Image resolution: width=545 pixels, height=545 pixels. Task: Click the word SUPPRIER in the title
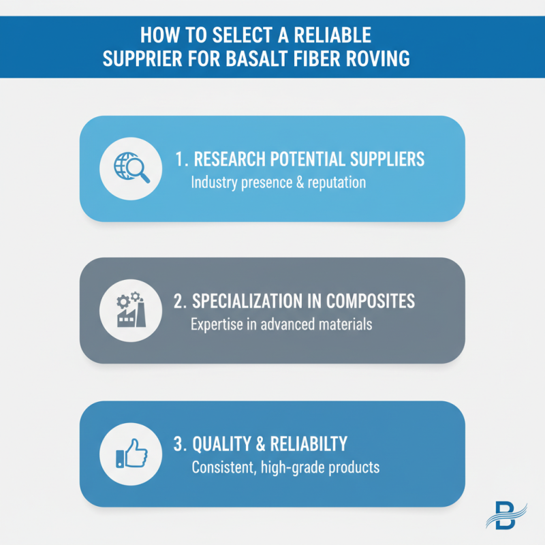[142, 58]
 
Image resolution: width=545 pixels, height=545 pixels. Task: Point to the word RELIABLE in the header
[332, 35]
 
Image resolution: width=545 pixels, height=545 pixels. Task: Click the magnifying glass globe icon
[131, 167]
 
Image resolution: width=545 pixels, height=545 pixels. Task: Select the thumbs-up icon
[131, 453]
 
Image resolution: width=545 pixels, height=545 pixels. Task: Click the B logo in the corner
[506, 515]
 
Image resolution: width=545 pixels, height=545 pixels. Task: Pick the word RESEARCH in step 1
[230, 159]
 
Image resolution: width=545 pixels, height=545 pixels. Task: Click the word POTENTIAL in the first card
[307, 159]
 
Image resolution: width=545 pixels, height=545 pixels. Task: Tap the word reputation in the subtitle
[337, 183]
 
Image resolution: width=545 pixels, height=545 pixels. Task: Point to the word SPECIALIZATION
[247, 301]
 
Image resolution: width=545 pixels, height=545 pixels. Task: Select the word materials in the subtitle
[345, 324]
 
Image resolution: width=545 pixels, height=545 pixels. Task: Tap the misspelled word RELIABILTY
[309, 444]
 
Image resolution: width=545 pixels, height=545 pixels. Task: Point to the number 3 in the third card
[178, 444]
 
